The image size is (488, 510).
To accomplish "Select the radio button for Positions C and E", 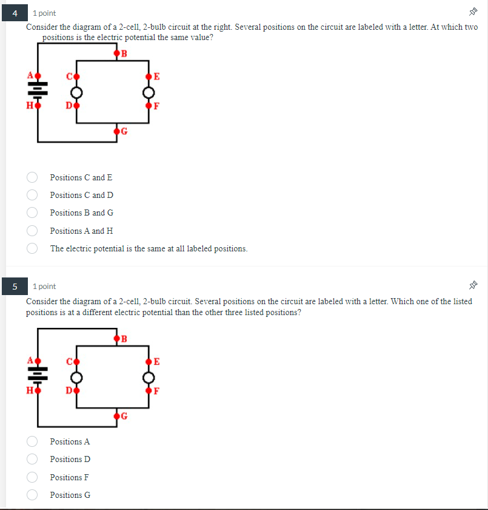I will point(33,177).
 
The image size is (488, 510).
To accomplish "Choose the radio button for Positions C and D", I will point(33,195).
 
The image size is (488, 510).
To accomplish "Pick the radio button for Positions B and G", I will point(33,212).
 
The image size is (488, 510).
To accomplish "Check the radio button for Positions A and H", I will point(33,231).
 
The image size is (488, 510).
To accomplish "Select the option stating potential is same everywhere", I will point(33,248).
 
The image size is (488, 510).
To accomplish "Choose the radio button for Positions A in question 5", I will point(33,441).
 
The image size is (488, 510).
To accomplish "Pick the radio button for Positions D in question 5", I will point(33,459).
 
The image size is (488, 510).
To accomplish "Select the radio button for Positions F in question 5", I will point(33,477).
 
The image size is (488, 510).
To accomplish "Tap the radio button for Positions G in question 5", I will point(33,495).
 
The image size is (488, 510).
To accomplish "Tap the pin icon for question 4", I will point(473,13).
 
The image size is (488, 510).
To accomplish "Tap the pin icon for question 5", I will point(473,286).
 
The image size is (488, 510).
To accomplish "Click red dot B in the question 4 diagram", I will point(117,53).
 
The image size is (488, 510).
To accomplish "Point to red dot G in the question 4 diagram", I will point(117,131).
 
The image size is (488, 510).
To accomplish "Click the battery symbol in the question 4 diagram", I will point(38,90).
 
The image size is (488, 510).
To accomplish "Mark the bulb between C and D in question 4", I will point(76,92).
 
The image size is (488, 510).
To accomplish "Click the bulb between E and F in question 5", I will point(149,377).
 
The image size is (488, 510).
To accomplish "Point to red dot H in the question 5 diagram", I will point(38,390).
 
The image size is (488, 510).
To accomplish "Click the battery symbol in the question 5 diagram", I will point(38,376).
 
